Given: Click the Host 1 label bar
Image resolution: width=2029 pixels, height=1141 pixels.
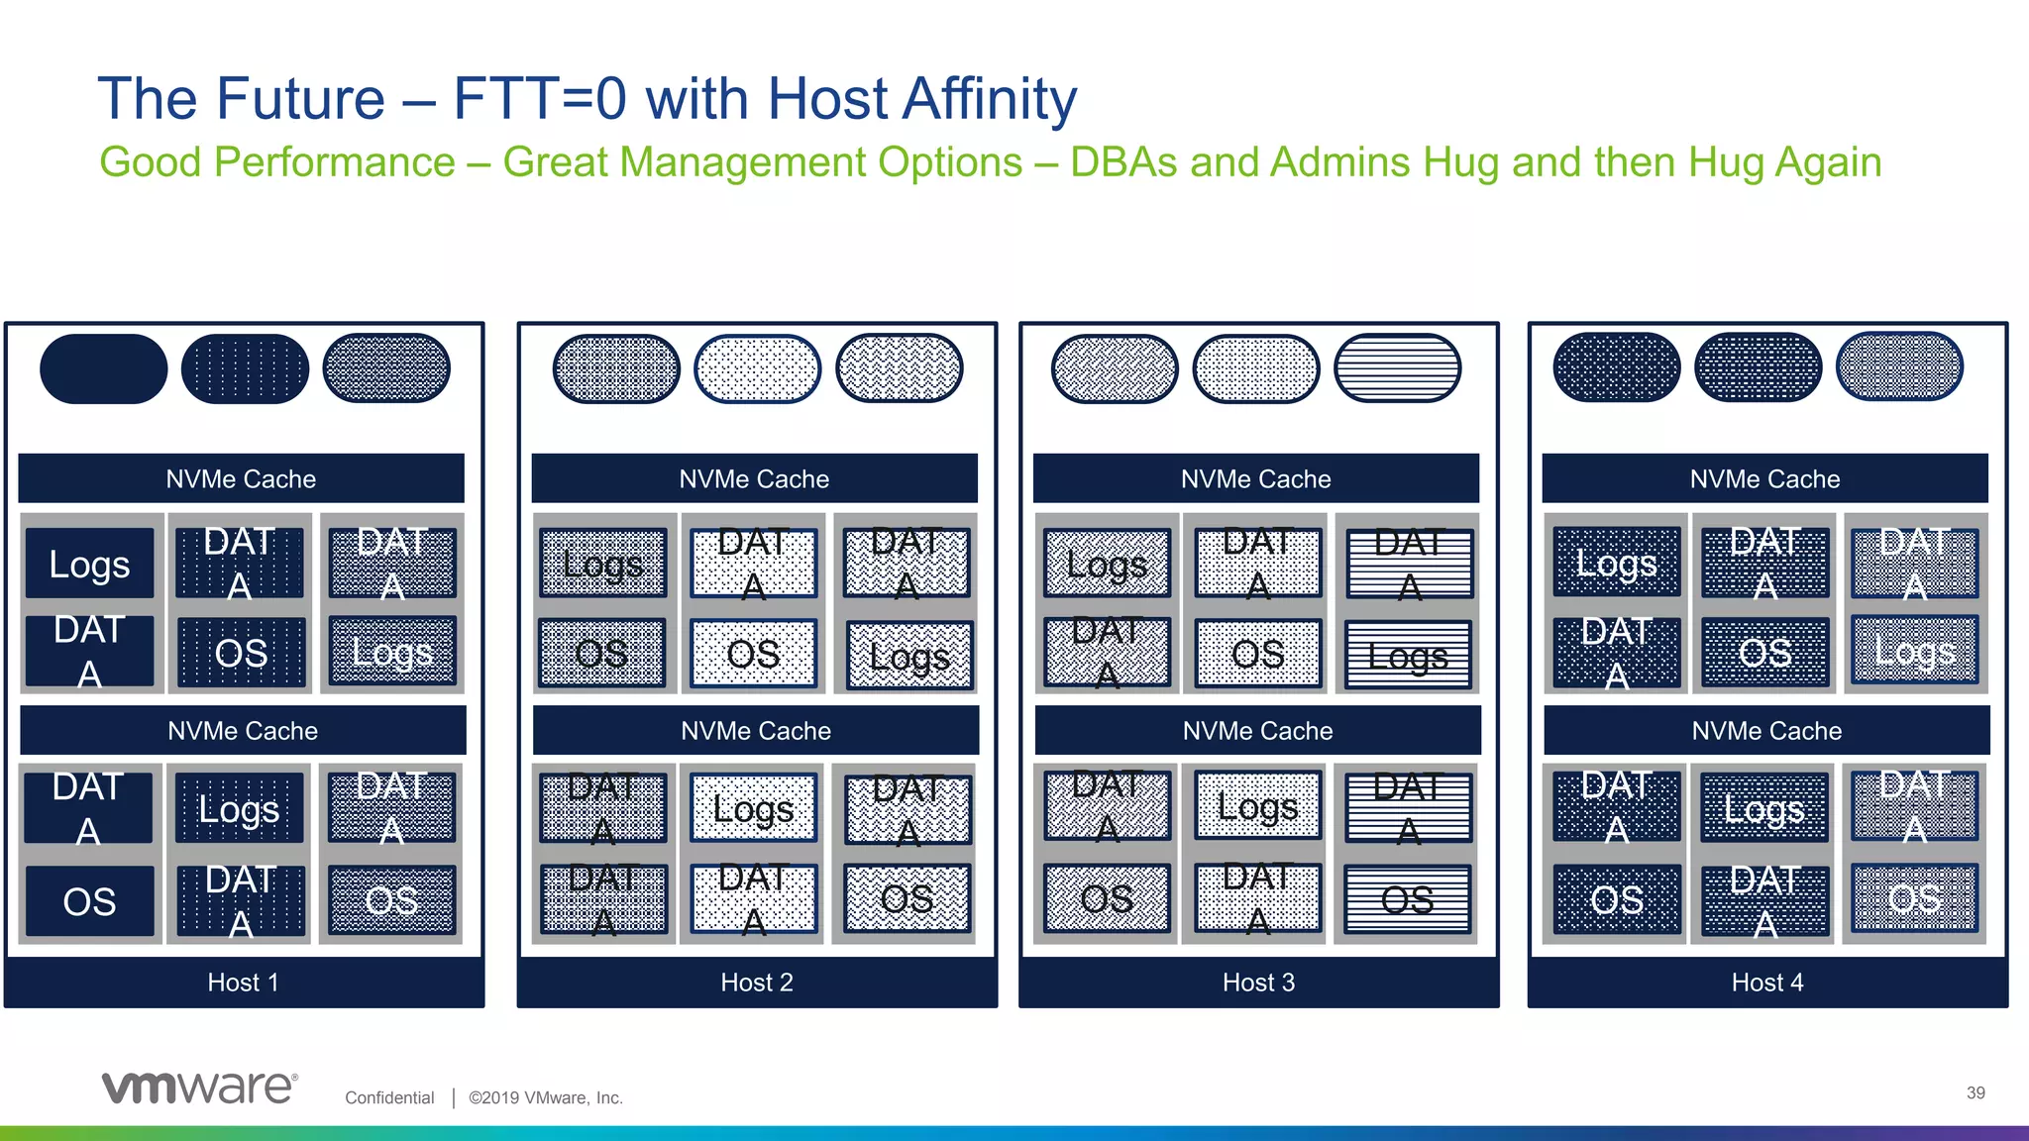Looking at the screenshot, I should (244, 983).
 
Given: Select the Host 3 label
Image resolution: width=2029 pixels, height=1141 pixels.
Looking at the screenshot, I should (1258, 983).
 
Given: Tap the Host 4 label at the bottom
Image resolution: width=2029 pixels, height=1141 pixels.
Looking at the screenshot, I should (1767, 983).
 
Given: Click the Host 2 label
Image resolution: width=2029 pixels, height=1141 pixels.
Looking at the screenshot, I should (757, 983).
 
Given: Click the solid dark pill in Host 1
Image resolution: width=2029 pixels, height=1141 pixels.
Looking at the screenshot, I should (103, 368).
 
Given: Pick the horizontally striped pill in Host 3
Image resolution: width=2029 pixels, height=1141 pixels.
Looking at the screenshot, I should (1397, 368).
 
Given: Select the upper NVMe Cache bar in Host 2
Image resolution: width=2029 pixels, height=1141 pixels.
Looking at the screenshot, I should (754, 478).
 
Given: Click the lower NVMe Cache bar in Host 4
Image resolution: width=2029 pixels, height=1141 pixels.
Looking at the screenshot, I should (1766, 731).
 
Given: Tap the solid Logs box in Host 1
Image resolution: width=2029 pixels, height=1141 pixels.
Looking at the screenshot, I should (89, 564).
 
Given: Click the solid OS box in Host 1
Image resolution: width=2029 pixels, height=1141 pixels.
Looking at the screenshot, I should (89, 901).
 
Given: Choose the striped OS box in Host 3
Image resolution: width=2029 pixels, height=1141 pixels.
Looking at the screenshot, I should (1407, 899).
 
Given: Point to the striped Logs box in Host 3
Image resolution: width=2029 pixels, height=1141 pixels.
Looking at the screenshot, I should (1407, 655).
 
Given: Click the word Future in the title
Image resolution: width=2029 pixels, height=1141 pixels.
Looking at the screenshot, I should (300, 99).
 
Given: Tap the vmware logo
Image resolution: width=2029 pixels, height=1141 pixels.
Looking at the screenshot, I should (198, 1088).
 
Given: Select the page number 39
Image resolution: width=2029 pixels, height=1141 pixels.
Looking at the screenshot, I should (1976, 1092).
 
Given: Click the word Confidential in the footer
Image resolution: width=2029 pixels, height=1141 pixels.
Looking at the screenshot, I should (389, 1097).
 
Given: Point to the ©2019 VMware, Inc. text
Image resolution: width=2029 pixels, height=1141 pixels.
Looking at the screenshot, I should (546, 1097).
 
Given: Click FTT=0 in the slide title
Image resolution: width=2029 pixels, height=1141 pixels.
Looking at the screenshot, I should (540, 99).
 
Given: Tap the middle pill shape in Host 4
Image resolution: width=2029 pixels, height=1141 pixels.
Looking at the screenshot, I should (1758, 367).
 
